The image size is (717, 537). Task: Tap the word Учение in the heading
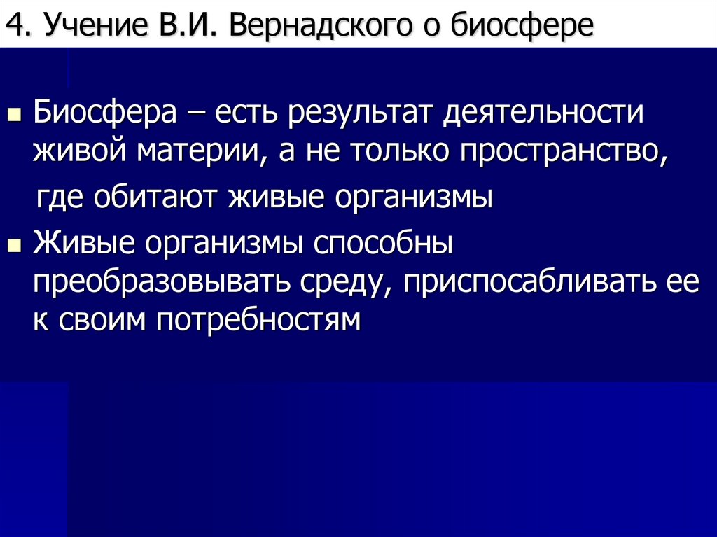coord(81,26)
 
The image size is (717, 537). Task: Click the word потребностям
coord(260,319)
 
